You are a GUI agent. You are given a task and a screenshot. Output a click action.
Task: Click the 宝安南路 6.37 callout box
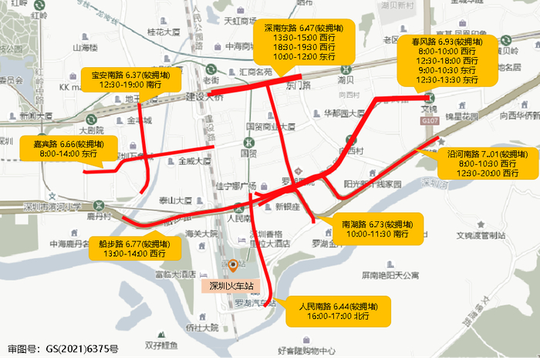pos(132,79)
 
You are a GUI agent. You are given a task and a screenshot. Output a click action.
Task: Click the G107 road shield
pos(430,122)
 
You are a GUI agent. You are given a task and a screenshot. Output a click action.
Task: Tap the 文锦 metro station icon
pos(429,97)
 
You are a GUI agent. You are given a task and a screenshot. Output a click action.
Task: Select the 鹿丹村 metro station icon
pos(98,205)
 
